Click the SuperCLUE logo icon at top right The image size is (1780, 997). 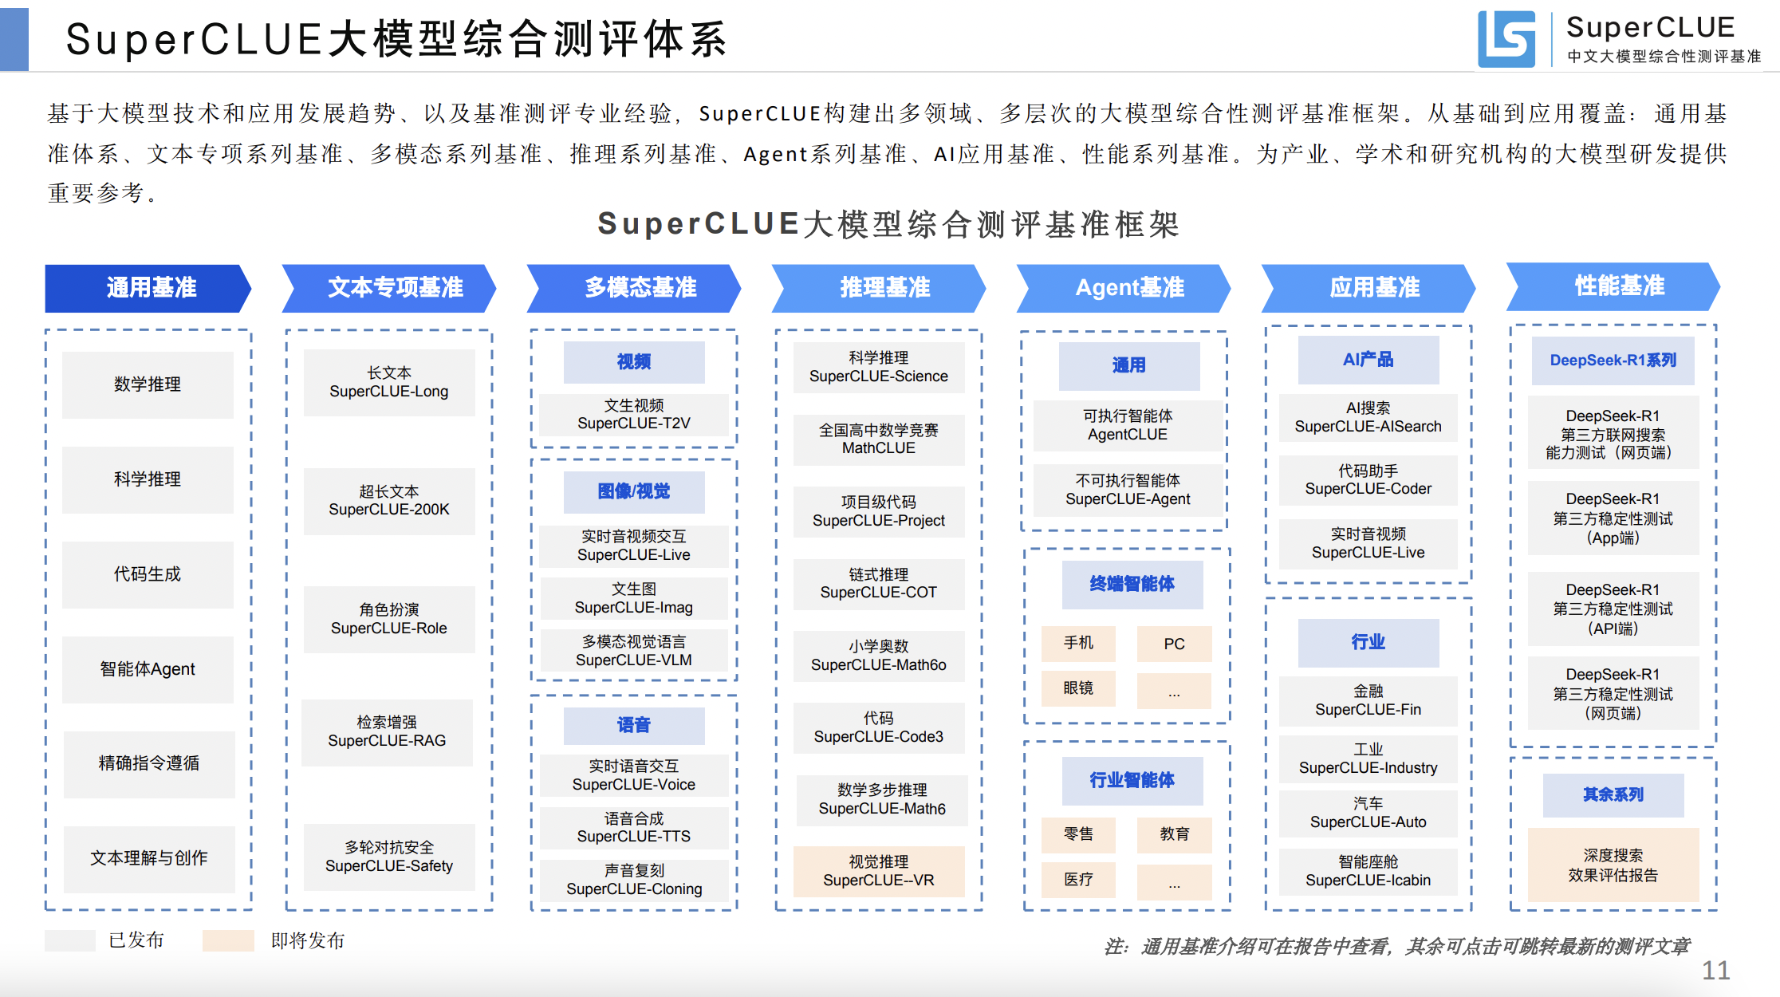(1506, 38)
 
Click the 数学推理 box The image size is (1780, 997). (148, 384)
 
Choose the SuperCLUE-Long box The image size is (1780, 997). (389, 382)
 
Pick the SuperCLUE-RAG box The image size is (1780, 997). (387, 731)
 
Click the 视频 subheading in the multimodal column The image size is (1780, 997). (634, 362)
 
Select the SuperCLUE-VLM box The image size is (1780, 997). (634, 651)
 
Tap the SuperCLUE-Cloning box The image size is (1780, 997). (634, 880)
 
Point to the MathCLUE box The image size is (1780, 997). (879, 439)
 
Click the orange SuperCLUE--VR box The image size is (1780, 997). (879, 871)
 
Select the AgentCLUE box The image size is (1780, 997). (1128, 425)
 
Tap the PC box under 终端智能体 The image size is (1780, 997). (1174, 644)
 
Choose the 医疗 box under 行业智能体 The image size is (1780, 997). (1078, 879)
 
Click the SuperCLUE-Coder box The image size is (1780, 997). (1368, 480)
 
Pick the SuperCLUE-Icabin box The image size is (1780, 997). (1368, 871)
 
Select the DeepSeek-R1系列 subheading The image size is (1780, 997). (1613, 361)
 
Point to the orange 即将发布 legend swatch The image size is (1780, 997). (228, 940)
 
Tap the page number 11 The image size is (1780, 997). (1715, 970)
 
